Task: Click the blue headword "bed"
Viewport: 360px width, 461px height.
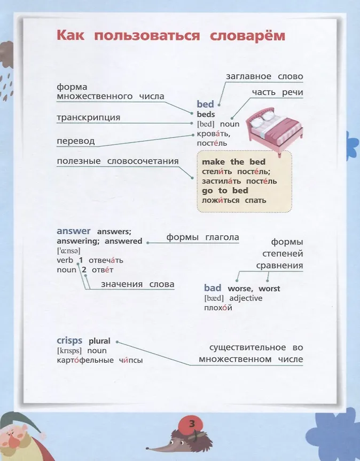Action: [205, 104]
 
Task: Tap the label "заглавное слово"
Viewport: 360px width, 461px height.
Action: [264, 76]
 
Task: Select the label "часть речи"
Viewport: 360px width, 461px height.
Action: [277, 92]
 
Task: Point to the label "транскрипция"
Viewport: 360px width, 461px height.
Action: [88, 117]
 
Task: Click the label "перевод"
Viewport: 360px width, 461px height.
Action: [75, 141]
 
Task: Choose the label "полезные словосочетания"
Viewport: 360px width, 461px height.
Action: [118, 161]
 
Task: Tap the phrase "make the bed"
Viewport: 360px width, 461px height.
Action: [233, 162]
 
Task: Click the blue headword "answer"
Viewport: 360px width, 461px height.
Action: [74, 231]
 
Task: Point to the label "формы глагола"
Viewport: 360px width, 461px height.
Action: [202, 237]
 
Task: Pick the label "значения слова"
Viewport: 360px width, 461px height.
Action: [138, 284]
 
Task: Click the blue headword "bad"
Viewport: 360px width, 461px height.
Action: [213, 288]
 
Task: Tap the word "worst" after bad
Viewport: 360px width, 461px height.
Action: [269, 289]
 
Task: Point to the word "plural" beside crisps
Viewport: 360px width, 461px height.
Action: [99, 341]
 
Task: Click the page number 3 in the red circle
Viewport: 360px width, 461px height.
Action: [192, 424]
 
